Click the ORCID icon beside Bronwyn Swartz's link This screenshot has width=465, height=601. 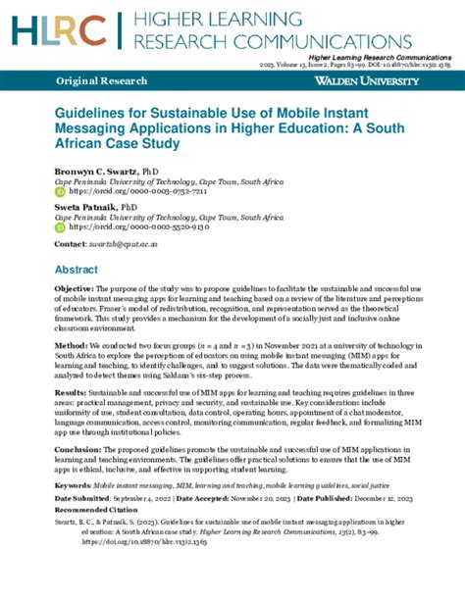59,192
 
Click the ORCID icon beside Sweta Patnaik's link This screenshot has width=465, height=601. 59,226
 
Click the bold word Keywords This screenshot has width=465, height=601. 75,485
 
